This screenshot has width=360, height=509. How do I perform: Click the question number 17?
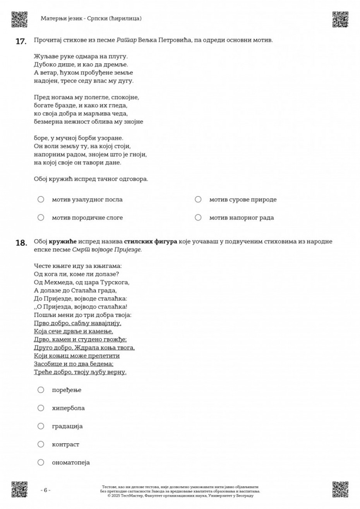coord(21,41)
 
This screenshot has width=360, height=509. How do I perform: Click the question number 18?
coord(21,243)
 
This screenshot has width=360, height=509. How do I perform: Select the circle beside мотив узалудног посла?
coord(41,199)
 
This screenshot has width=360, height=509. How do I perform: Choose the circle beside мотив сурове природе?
coord(198,199)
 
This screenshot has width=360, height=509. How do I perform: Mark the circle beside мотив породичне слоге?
coord(41,218)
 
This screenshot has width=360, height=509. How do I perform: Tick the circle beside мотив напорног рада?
coord(198,218)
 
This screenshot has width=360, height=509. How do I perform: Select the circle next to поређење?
coord(41,390)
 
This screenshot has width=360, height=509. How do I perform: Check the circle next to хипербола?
coord(41,408)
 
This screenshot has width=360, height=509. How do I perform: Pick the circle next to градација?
coord(41,426)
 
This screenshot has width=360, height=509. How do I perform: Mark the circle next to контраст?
coord(41,444)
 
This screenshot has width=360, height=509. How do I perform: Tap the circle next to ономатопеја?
coord(41,462)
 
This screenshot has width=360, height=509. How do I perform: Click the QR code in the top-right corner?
coord(340,19)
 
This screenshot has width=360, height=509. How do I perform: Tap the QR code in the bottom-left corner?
coord(19,489)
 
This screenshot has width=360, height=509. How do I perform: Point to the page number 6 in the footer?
coord(45,490)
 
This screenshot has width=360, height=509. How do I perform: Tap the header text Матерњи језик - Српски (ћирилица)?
coord(91,18)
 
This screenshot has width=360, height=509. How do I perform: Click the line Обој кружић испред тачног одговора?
coord(91,179)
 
